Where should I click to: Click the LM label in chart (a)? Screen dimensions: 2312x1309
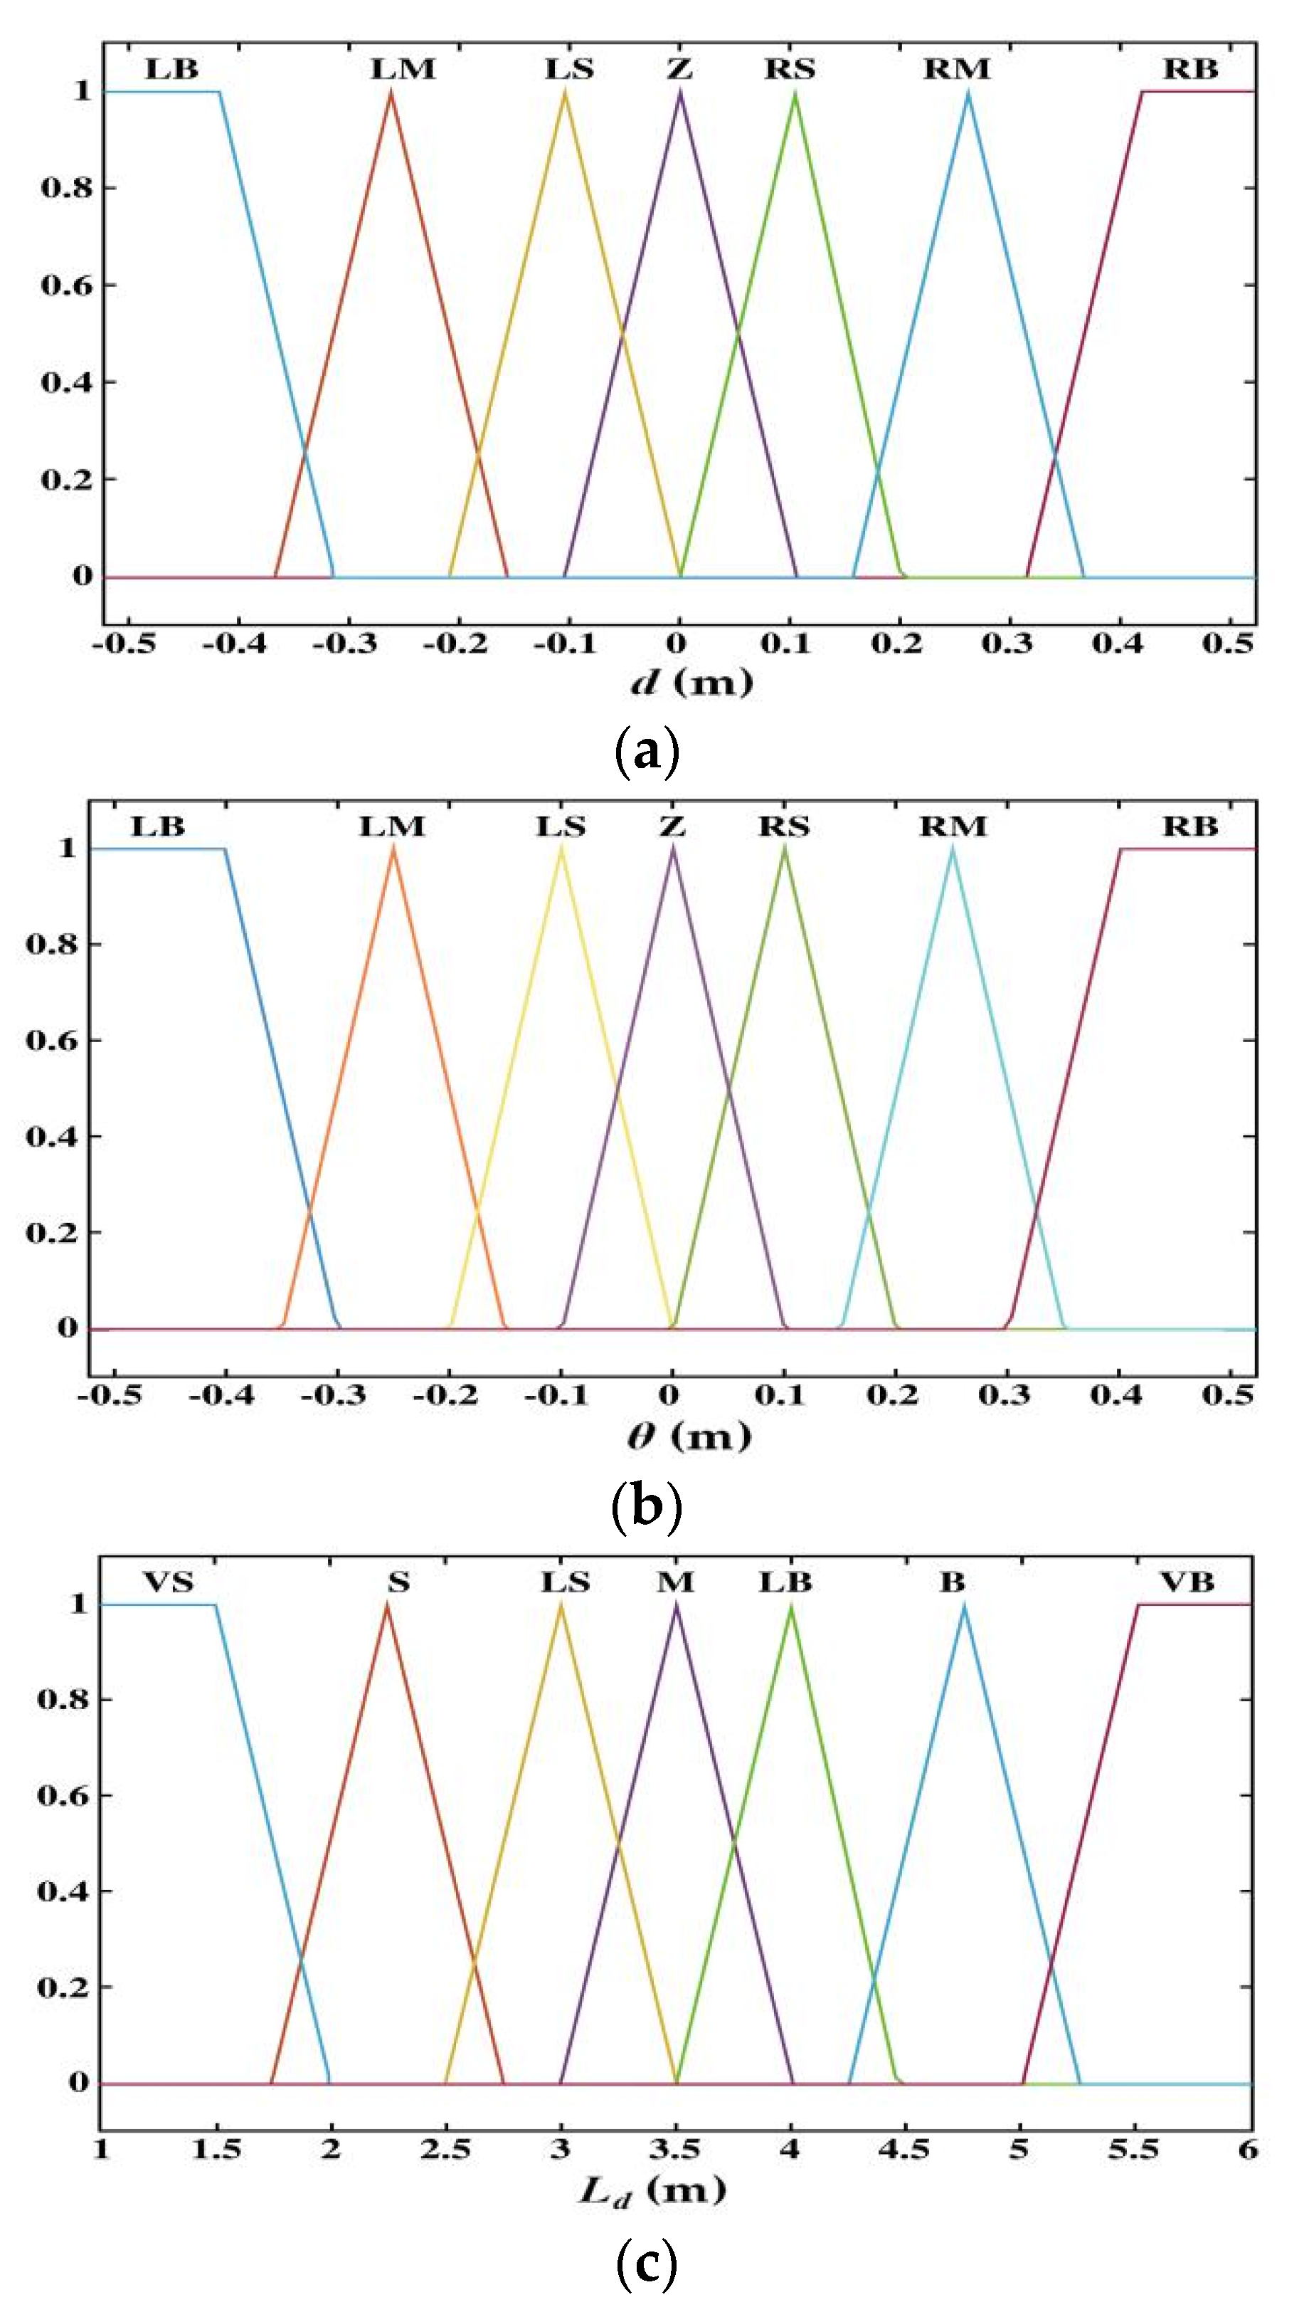[x=403, y=68]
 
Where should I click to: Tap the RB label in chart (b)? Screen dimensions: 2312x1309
[x=1189, y=826]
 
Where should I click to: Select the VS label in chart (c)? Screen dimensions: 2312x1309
[x=168, y=1582]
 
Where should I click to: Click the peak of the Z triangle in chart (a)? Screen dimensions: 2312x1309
[x=679, y=92]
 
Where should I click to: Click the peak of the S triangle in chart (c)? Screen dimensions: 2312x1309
[x=388, y=1605]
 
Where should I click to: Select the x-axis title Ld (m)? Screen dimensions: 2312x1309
[x=652, y=2192]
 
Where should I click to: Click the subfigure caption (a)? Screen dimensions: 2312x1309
[x=647, y=752]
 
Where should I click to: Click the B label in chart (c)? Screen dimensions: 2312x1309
[x=951, y=1582]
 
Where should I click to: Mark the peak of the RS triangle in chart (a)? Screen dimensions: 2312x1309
[x=795, y=92]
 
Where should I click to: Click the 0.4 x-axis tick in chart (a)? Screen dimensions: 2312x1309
[x=1117, y=642]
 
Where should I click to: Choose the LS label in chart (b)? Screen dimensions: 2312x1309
[x=561, y=826]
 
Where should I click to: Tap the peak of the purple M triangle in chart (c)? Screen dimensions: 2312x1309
[x=676, y=1605]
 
